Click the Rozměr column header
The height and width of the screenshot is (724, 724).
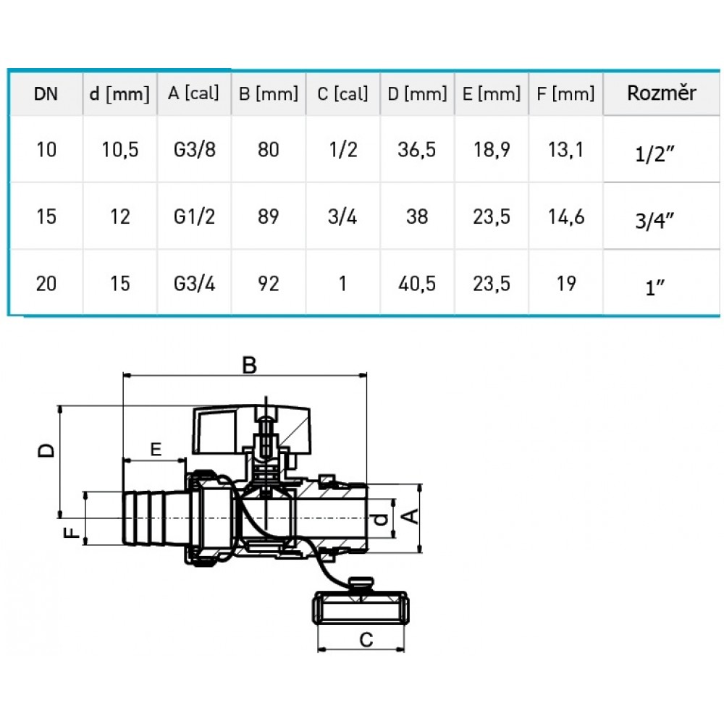point(661,93)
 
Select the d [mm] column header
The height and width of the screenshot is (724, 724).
point(119,93)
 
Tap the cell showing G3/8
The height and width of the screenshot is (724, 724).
point(194,150)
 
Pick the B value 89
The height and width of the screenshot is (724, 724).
point(269,216)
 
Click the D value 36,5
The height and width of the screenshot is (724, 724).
point(416,150)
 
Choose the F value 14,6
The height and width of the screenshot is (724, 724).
point(566,216)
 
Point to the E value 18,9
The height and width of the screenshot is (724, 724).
point(492,150)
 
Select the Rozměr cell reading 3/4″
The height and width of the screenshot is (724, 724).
point(654,221)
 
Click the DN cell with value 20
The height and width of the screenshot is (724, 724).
point(46,284)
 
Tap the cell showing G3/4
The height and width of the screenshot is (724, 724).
point(194,284)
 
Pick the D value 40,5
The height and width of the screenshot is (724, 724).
point(417,284)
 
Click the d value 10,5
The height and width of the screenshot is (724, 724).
point(120,150)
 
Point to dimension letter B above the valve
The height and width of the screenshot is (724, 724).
point(249,365)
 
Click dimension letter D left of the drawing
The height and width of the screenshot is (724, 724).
point(46,450)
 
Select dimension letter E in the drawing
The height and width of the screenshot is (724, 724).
point(156,449)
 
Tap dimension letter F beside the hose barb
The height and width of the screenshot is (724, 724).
point(72,532)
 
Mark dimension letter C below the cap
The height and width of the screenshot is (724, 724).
point(366,640)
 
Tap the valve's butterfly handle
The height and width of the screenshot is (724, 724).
point(252,430)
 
